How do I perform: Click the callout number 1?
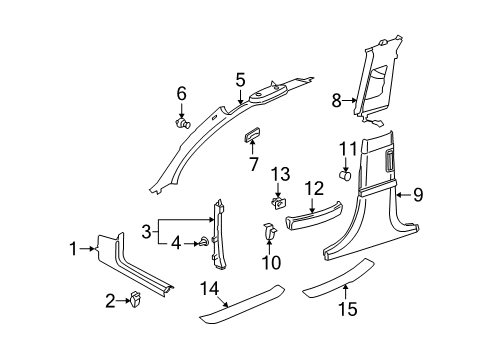click(73, 249)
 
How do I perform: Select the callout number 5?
click(240, 81)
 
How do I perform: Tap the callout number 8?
click(336, 100)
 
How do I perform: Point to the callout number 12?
click(314, 189)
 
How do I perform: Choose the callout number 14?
click(209, 288)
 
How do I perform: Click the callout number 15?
click(348, 309)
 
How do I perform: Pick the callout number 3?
click(147, 231)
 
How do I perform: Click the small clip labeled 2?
click(135, 299)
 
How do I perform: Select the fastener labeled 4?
click(204, 242)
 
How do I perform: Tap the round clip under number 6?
click(183, 123)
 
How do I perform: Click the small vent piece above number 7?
click(252, 134)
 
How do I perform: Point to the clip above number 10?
click(270, 231)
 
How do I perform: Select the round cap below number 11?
click(345, 175)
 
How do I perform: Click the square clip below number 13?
click(279, 203)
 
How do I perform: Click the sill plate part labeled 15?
click(339, 278)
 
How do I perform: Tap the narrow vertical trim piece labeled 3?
click(219, 234)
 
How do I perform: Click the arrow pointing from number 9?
click(404, 195)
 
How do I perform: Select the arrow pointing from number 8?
click(350, 100)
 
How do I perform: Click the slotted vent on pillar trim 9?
click(390, 161)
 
